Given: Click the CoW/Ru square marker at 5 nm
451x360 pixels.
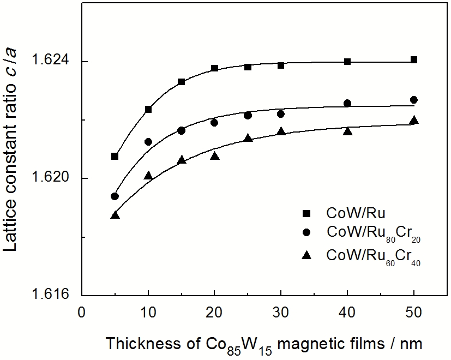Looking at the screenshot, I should click(x=115, y=157).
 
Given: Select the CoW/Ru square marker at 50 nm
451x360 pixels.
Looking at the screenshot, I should click(x=414, y=60).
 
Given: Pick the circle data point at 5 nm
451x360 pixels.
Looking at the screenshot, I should click(x=115, y=196).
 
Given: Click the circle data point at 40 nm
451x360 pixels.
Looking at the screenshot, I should click(x=347, y=103).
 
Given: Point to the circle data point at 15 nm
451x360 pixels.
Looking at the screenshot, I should click(x=181, y=130).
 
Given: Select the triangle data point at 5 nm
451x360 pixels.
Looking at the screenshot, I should click(x=115, y=215).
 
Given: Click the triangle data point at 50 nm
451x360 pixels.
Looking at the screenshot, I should click(x=414, y=120).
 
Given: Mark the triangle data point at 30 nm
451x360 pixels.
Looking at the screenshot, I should click(x=281, y=131).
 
